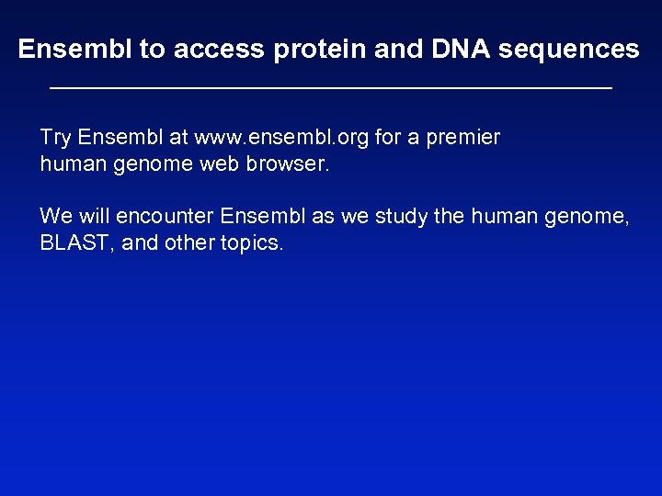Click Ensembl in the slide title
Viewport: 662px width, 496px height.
coord(74,50)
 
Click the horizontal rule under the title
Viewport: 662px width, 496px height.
coord(330,88)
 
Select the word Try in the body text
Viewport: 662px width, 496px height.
coord(55,138)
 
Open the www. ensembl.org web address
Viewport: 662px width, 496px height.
coord(293,138)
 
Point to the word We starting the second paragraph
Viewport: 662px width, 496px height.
coord(55,216)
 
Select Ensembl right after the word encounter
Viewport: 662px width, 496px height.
coord(258,216)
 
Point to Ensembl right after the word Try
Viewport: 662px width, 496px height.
coord(113,138)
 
